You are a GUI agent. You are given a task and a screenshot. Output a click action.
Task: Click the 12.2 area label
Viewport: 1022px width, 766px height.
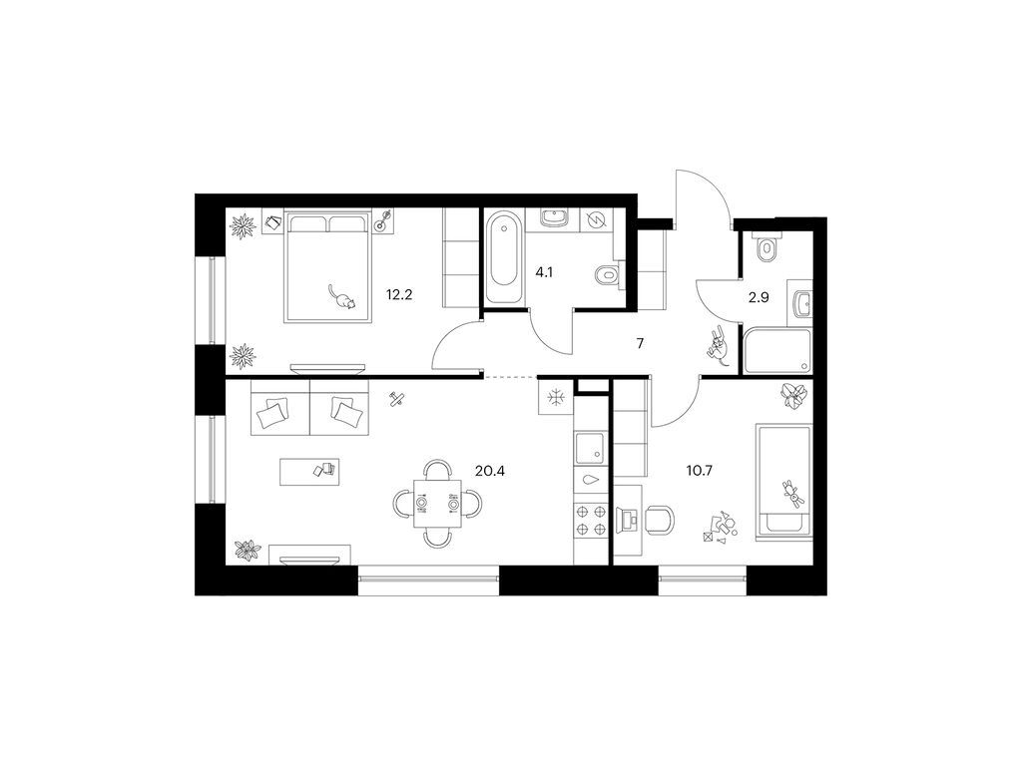click(399, 294)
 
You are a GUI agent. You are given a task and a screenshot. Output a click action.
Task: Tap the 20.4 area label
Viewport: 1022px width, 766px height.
click(490, 471)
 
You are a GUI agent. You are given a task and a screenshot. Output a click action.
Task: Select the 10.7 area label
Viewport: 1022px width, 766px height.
click(699, 471)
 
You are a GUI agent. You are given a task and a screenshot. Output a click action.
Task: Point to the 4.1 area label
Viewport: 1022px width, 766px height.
click(544, 272)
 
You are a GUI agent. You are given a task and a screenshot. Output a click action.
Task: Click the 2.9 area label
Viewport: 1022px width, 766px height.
click(759, 297)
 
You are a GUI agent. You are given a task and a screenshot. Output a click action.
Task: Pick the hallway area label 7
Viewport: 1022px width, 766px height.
click(640, 343)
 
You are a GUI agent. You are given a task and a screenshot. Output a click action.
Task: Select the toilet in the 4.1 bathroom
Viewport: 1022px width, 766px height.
click(609, 275)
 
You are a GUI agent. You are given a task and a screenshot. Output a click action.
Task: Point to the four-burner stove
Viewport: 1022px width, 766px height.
click(591, 521)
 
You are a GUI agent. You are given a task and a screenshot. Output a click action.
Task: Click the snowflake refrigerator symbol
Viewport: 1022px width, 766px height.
click(555, 397)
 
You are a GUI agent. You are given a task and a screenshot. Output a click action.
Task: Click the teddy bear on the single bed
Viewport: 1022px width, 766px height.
click(793, 492)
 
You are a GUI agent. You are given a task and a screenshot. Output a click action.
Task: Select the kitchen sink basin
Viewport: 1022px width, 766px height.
click(591, 447)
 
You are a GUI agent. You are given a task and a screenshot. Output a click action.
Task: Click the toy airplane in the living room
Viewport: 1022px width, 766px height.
click(395, 399)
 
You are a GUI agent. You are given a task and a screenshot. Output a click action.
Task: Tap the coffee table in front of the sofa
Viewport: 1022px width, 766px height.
click(309, 472)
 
